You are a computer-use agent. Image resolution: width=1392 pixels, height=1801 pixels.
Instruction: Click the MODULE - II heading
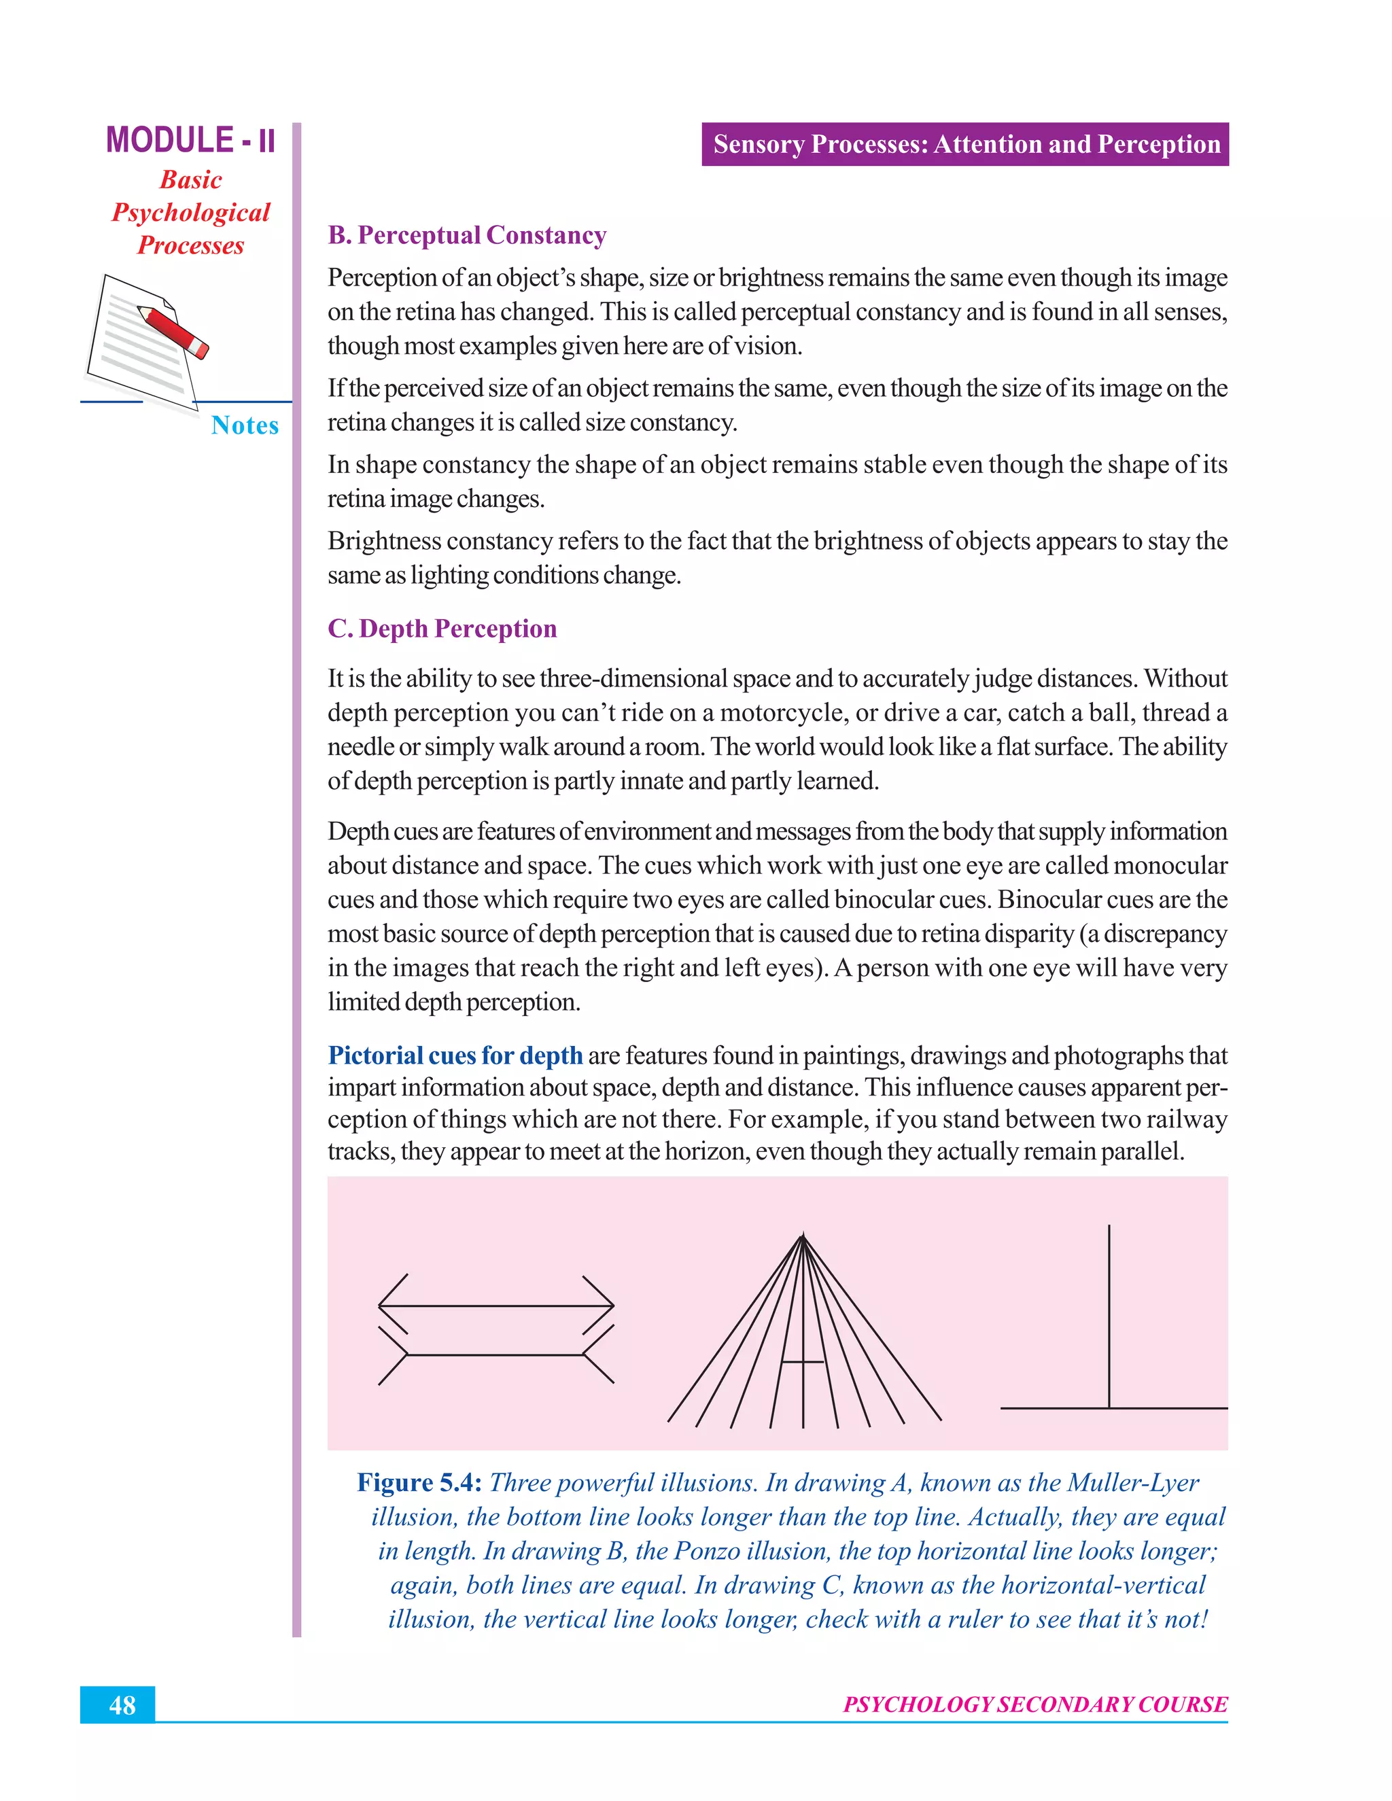(x=190, y=140)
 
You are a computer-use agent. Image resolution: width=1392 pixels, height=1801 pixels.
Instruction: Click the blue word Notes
(x=244, y=425)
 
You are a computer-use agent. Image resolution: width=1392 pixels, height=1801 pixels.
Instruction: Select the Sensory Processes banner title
(x=966, y=144)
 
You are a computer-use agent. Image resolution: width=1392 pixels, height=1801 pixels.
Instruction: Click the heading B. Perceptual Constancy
(x=467, y=236)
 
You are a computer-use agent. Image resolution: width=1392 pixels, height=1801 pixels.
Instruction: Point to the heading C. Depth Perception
(x=442, y=629)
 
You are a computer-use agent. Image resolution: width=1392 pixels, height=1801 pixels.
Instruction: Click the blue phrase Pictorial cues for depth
(x=455, y=1056)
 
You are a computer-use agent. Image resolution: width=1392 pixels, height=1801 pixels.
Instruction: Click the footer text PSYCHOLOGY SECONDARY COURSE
(x=1035, y=1704)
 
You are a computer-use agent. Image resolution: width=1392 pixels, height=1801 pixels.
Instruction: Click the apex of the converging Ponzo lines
(x=803, y=1236)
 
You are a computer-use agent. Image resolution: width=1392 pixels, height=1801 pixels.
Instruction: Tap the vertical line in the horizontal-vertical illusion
(x=1109, y=1319)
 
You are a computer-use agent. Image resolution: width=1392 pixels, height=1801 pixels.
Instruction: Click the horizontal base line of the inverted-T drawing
(x=1113, y=1407)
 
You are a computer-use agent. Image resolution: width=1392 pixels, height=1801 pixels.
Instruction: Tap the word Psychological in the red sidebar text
(x=190, y=213)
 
